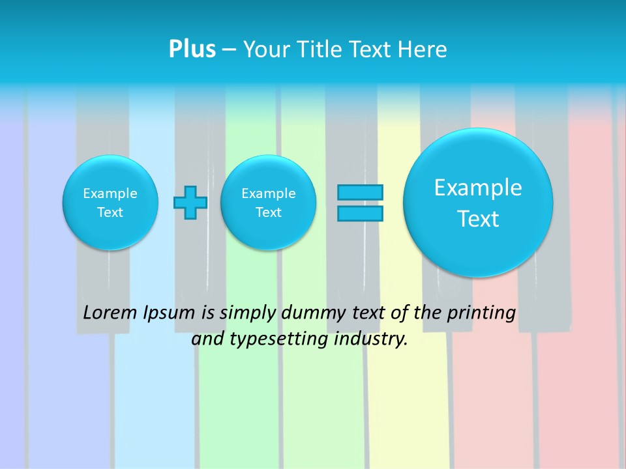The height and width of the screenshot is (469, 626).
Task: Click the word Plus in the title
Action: (192, 49)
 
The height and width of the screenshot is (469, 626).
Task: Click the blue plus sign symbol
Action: (190, 203)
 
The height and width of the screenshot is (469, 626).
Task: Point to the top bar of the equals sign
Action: (360, 192)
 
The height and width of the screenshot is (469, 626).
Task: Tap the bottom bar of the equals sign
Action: (360, 213)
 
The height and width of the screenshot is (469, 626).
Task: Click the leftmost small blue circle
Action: (110, 203)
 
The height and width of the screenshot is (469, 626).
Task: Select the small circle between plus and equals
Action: (269, 203)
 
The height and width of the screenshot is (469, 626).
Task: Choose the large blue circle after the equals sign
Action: (478, 203)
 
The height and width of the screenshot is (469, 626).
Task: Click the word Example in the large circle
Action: (478, 188)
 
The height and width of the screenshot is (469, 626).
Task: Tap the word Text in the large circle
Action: (478, 219)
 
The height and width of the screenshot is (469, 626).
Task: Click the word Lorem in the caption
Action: (111, 313)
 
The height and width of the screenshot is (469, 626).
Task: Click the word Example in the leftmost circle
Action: (110, 193)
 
